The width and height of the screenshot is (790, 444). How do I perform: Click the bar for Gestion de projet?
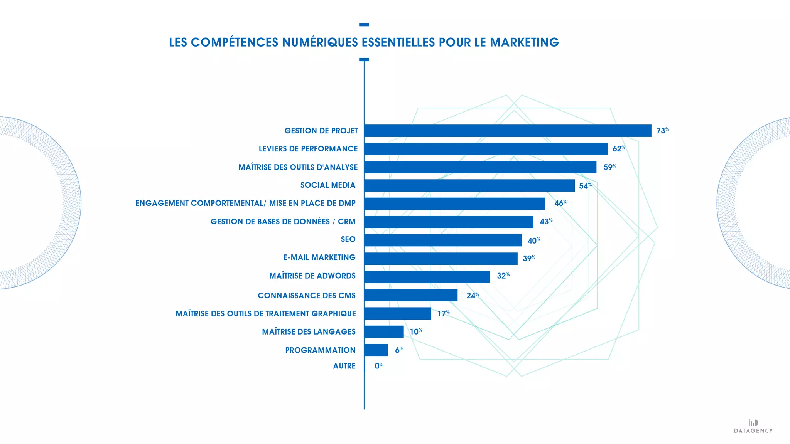pos(508,131)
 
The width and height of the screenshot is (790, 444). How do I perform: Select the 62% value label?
pos(618,149)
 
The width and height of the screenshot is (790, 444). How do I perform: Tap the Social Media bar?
pos(469,185)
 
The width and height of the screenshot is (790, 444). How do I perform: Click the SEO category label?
pos(348,239)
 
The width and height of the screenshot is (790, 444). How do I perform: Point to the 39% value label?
pos(528,258)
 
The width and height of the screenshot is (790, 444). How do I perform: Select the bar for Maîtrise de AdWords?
pos(427,277)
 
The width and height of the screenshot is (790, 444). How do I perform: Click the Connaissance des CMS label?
pos(307,296)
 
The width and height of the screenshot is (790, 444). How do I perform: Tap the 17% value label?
pos(443,314)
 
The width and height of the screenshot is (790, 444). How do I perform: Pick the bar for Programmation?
pos(376,350)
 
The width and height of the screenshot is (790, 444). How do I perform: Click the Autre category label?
pos(344,366)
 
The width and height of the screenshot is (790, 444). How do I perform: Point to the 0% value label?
pos(378,366)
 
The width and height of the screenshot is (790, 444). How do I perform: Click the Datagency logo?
pos(753,426)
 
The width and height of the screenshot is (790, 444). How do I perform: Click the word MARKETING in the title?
pos(524,42)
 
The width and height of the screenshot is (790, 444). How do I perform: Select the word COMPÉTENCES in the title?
pos(235,42)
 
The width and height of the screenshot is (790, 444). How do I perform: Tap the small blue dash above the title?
pos(364,25)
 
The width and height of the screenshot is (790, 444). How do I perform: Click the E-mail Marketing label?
pos(319,257)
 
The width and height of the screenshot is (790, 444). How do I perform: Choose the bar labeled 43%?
pos(449,222)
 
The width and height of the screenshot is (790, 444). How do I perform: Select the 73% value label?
pos(662,131)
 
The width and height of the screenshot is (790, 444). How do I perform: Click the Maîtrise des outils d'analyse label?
pos(298,167)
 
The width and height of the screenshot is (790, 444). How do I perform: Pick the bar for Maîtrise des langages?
pos(384,332)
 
